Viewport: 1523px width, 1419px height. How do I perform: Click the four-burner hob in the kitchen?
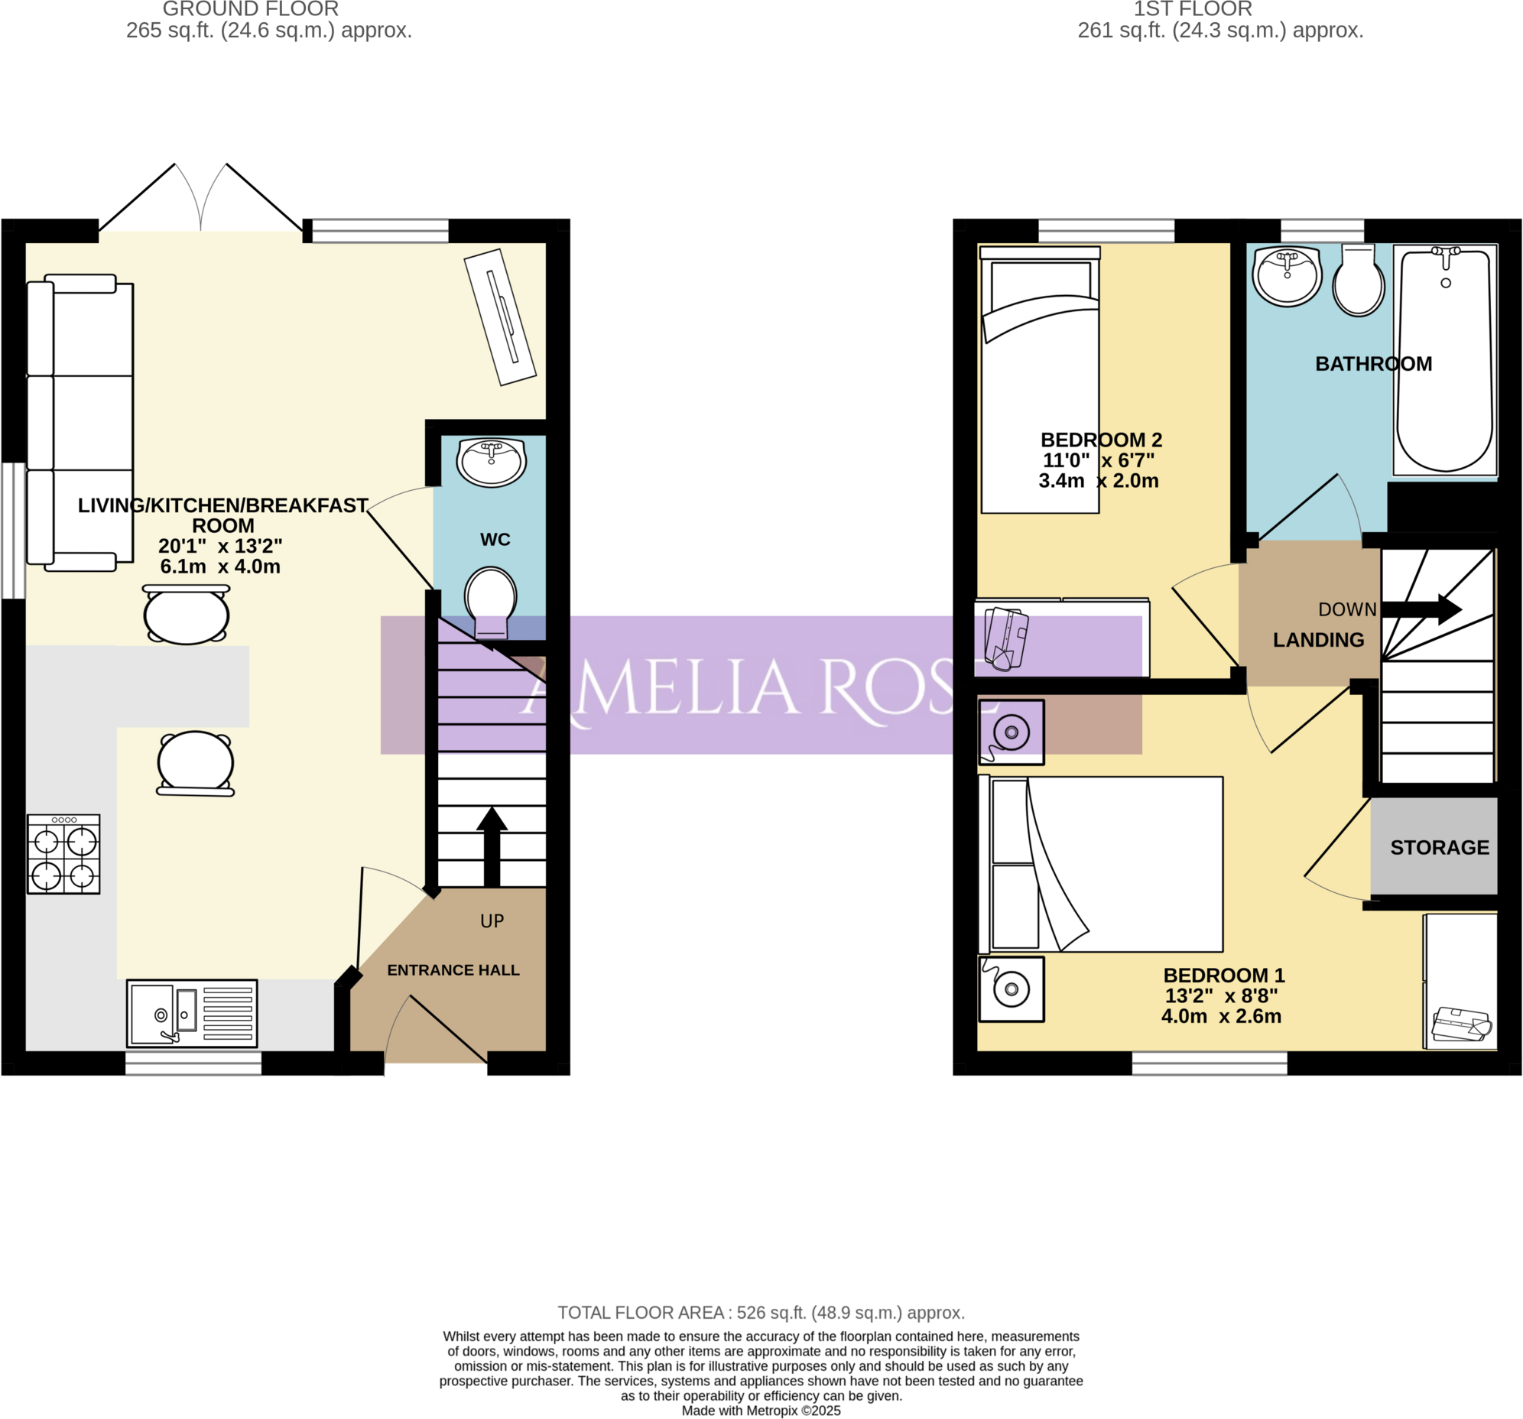point(63,853)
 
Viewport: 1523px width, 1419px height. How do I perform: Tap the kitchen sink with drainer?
point(192,1013)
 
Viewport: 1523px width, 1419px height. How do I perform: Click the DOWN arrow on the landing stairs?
point(1421,609)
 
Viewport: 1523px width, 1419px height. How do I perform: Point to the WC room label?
point(495,540)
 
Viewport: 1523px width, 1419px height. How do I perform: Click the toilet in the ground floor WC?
point(490,600)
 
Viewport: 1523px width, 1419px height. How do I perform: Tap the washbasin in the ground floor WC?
point(491,462)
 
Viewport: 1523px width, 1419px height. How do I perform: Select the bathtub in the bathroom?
point(1445,360)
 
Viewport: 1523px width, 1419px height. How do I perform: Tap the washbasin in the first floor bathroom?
point(1288,275)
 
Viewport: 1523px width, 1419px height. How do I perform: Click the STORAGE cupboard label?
point(1440,847)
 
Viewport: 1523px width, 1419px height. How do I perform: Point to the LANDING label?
point(1318,640)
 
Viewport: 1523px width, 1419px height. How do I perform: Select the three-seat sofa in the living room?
point(80,423)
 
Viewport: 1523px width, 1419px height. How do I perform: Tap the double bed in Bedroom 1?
point(1101,864)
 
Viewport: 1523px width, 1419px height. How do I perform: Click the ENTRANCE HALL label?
point(453,970)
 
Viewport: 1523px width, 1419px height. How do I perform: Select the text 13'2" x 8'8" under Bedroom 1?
point(1221,995)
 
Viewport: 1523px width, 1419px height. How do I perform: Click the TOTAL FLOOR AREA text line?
point(761,1313)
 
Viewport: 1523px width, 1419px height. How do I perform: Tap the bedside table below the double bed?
point(1012,989)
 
